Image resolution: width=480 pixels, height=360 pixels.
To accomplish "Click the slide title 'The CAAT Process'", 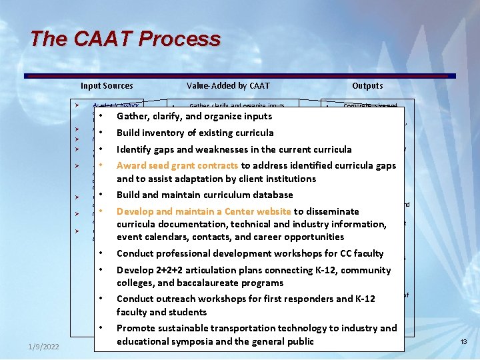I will [125, 39].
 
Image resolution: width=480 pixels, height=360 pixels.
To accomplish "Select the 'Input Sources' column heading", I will [107, 85].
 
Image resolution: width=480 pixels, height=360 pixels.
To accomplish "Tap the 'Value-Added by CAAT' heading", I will [228, 85].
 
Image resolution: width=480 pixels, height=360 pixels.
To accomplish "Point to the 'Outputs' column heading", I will [367, 85].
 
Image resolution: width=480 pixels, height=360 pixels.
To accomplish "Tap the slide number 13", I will [463, 342].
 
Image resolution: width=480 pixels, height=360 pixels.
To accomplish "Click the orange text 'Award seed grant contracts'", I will [177, 165].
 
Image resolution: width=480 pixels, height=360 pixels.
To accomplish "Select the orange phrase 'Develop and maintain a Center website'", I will [204, 211].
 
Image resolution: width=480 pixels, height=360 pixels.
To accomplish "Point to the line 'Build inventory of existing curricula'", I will [195, 133].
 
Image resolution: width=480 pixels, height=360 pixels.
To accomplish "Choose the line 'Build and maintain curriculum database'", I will [205, 195].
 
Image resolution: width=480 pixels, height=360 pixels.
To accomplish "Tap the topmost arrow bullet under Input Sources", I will [77, 105].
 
